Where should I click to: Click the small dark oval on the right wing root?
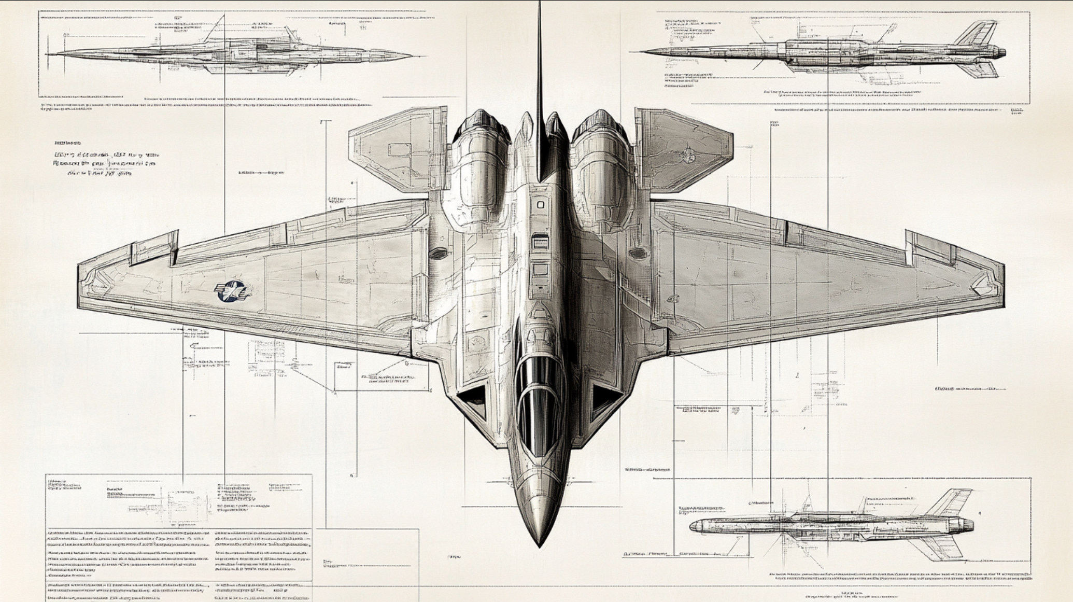click(638, 253)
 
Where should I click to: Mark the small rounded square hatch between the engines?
click(540, 205)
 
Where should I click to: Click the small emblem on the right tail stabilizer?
click(689, 152)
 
